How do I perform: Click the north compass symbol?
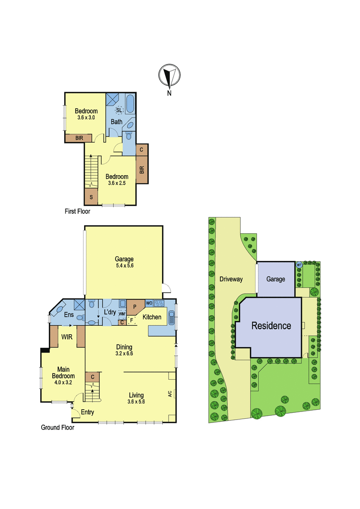click(169, 76)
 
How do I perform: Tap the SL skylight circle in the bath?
click(119, 110)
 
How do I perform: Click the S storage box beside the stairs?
click(91, 197)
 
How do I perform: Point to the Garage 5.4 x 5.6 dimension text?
click(124, 266)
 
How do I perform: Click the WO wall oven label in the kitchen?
click(149, 303)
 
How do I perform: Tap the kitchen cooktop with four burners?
click(159, 303)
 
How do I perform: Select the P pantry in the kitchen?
click(135, 307)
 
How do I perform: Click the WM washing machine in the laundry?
click(122, 314)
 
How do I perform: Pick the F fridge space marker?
click(132, 321)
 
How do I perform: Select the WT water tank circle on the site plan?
click(299, 265)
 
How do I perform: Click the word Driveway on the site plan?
click(231, 279)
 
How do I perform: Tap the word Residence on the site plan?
click(271, 326)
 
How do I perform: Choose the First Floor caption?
click(77, 211)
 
